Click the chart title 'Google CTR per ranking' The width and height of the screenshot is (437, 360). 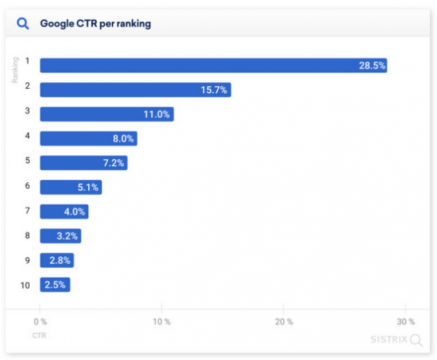coord(95,24)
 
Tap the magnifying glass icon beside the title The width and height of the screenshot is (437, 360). coord(24,24)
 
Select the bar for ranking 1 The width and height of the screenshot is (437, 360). coord(213,66)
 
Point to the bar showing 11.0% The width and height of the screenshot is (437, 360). coord(106,114)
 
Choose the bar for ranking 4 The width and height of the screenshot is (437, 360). coord(88,138)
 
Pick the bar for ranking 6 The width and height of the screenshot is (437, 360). coord(71,187)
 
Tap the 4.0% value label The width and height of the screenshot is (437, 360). coord(74,211)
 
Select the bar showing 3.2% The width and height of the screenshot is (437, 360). coord(60,236)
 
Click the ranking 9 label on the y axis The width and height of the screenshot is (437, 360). coord(25,260)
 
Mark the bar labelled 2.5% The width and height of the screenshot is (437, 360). coord(55,285)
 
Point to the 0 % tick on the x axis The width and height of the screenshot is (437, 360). coord(40,321)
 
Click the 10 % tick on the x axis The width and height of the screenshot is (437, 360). coord(162,321)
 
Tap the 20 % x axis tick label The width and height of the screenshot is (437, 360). coord(284,321)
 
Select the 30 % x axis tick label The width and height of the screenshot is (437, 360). coord(406,321)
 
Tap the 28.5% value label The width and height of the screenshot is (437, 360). coord(371,66)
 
